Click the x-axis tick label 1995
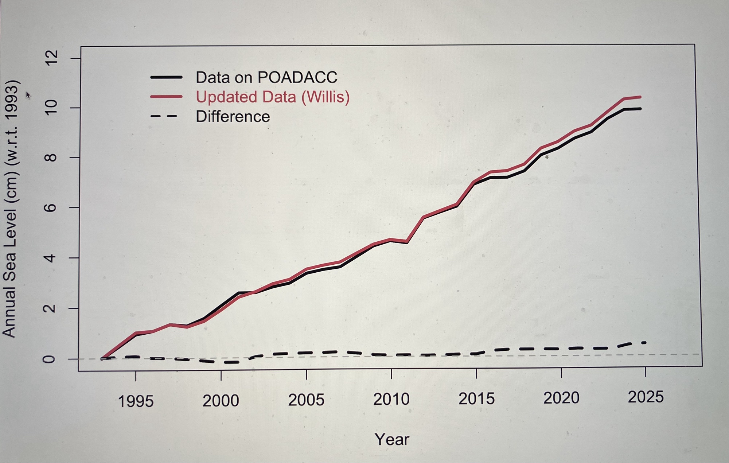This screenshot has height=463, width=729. (136, 401)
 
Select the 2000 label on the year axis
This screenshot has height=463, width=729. (221, 401)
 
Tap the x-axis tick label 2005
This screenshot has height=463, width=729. (306, 400)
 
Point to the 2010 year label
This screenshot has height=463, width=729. (391, 399)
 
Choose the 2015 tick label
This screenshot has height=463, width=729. (476, 398)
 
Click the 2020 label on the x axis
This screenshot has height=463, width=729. (561, 398)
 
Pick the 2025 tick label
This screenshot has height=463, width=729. (645, 397)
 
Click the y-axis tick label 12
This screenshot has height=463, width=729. (51, 58)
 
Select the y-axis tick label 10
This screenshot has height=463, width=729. (51, 108)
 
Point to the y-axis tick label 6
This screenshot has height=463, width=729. (51, 208)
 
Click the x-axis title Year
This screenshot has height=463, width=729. (392, 439)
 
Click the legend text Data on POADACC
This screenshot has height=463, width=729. (266, 77)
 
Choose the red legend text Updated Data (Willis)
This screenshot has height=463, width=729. (272, 97)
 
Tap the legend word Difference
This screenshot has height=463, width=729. (233, 117)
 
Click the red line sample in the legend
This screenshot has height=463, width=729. (166, 97)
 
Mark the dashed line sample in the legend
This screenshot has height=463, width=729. (164, 116)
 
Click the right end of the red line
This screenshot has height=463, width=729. (640, 97)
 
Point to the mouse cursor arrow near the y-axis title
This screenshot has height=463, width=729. (28, 95)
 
